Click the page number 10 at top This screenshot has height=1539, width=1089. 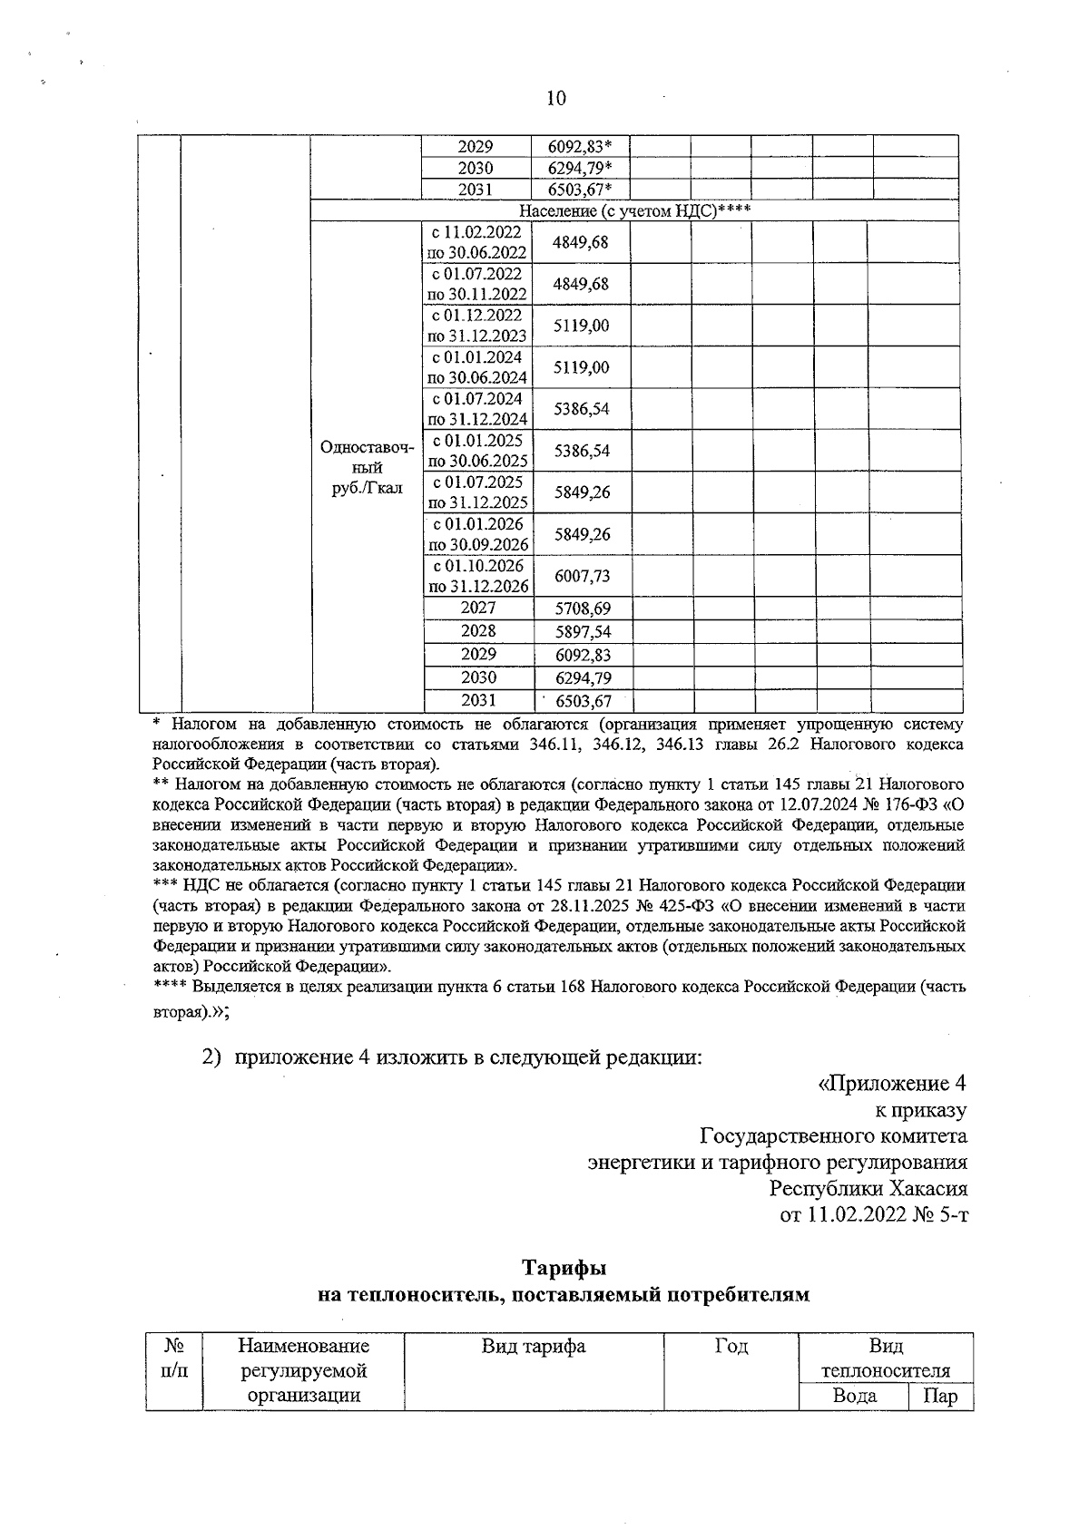tap(556, 99)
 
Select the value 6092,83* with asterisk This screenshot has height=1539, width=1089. tap(580, 146)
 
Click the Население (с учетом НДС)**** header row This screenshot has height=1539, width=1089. tap(634, 211)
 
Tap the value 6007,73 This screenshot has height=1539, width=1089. tap(582, 576)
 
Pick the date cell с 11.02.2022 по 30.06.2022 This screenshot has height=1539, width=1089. tap(477, 242)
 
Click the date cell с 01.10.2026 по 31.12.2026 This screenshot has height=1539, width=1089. tap(477, 576)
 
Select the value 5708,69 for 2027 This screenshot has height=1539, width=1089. tap(582, 609)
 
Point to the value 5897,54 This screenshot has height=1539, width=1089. tap(582, 631)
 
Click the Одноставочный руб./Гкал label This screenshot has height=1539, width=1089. tap(367, 468)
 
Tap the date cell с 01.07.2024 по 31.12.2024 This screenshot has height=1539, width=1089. tap(477, 409)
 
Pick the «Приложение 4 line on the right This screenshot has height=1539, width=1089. tap(892, 1084)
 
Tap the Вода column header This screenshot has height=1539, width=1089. tap(854, 1396)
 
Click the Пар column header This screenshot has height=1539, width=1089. tap(939, 1396)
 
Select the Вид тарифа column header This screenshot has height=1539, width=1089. tap(534, 1347)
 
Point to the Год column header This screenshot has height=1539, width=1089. tap(731, 1347)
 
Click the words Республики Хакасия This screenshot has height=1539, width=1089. tap(868, 1188)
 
